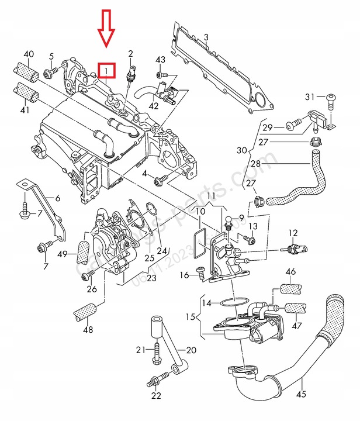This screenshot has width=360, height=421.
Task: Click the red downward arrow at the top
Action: point(106,27)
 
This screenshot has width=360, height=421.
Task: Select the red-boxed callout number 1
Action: point(106,71)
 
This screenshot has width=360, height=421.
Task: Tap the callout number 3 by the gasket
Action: point(206,38)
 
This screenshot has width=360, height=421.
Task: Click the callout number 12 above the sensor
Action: point(292,233)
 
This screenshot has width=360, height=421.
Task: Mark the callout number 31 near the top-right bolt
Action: point(310,96)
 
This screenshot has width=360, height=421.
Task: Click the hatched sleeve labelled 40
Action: point(26,74)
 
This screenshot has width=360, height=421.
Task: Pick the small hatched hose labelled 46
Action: point(290,288)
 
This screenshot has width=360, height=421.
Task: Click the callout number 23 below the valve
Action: point(152,278)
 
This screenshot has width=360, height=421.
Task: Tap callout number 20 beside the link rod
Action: point(191,351)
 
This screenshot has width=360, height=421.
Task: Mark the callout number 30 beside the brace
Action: point(241,150)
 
